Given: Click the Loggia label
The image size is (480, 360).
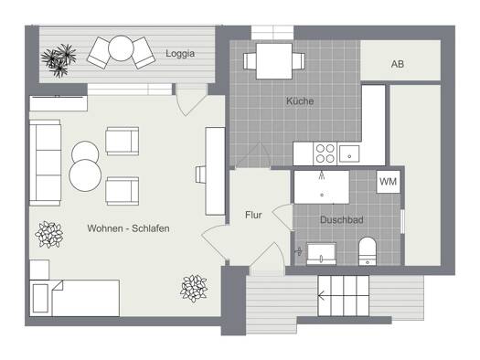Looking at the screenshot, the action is (x=180, y=54).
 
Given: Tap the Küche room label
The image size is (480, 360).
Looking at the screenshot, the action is (x=300, y=101).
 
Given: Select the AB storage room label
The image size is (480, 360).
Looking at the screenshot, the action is (x=398, y=64).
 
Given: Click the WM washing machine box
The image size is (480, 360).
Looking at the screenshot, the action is (x=389, y=182).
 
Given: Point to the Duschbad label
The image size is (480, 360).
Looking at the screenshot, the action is (x=342, y=219).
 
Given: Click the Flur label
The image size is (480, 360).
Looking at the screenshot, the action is (x=253, y=215).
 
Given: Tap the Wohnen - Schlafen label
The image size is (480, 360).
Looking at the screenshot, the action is (x=128, y=228).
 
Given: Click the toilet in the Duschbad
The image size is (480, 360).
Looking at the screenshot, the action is (x=368, y=251).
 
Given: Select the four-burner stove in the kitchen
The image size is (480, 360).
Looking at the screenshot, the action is (x=325, y=154).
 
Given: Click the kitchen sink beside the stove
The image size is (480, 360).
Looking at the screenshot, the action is (x=349, y=154).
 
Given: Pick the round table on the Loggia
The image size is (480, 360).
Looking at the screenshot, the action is (x=121, y=48).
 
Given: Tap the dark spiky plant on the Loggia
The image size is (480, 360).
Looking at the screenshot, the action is (x=59, y=60).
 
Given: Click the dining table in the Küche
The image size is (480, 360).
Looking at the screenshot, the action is (x=274, y=61).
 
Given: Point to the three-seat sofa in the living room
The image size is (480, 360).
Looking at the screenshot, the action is (x=45, y=163).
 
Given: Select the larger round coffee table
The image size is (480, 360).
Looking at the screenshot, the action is (x=85, y=175).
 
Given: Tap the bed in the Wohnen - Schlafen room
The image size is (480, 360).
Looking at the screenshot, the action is (x=74, y=298).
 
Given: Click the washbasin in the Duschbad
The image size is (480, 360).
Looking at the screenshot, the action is (x=321, y=254).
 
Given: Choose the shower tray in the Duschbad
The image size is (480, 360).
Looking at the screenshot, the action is (x=322, y=187).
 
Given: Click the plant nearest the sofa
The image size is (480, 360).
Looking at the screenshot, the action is (x=48, y=235).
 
